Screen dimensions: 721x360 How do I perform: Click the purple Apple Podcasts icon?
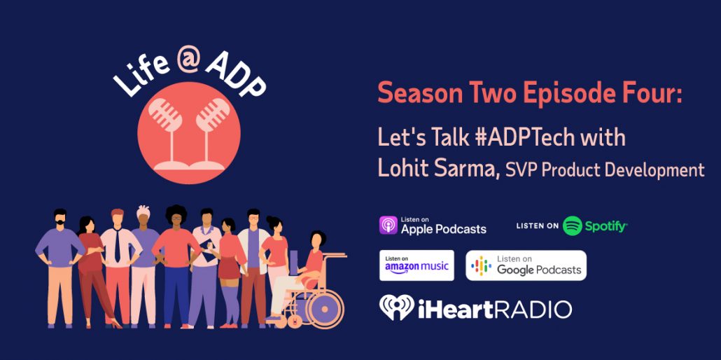point(388,226)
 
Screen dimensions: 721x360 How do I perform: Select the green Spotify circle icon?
point(573,226)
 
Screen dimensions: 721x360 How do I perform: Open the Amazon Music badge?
point(416,265)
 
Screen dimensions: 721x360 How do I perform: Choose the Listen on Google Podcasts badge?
point(526,265)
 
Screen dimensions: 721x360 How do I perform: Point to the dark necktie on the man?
point(118,247)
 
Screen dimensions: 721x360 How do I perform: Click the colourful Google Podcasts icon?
point(481,265)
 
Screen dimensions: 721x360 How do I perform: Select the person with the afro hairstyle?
point(176,266)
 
